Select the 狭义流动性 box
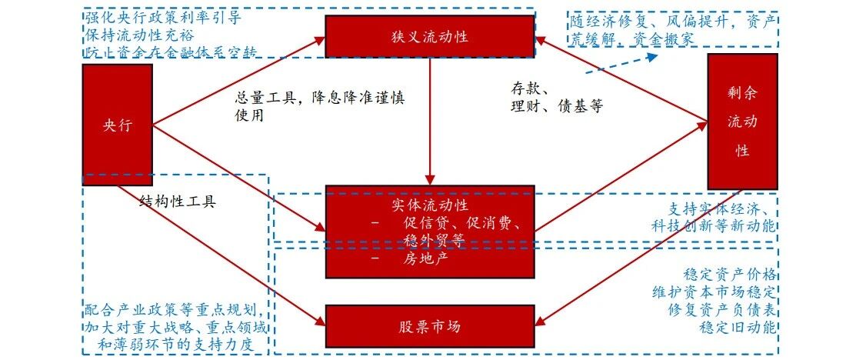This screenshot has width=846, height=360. pos(429,36)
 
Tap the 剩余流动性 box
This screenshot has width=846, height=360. pos(742,121)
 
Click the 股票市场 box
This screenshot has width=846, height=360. pos(429,326)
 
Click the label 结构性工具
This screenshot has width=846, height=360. pos(178,202)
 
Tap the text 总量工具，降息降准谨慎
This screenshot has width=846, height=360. pos(320,98)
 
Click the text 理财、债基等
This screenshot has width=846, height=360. pos(557,106)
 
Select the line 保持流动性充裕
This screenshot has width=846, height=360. pos(139,35)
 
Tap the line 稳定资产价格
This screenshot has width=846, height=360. pos(729,275)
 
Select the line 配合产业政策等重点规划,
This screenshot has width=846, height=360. pos(176,312)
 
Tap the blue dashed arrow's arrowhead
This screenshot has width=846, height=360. pos(651,55)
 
